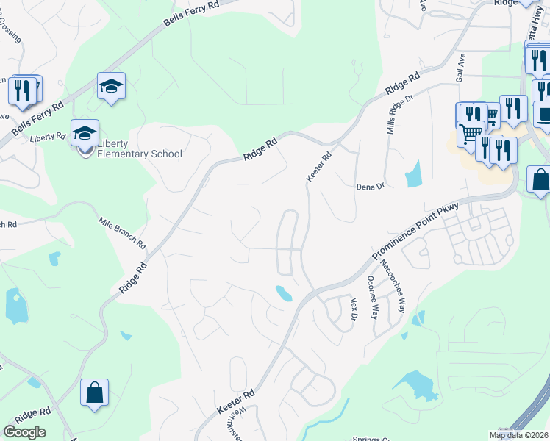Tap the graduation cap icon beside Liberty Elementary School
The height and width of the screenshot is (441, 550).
point(85,134)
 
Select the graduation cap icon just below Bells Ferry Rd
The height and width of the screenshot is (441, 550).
point(111,87)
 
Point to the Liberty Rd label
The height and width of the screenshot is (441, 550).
point(49,137)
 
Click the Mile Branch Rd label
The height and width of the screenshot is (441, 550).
point(122,233)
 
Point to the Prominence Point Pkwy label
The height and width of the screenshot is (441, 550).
point(416,229)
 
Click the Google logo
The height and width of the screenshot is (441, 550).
point(24,432)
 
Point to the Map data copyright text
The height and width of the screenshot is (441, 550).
point(518,435)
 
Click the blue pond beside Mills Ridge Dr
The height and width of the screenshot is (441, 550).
point(414,174)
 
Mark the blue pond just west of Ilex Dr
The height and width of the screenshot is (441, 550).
point(283,293)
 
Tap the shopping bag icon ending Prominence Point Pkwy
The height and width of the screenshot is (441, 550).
point(540,180)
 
